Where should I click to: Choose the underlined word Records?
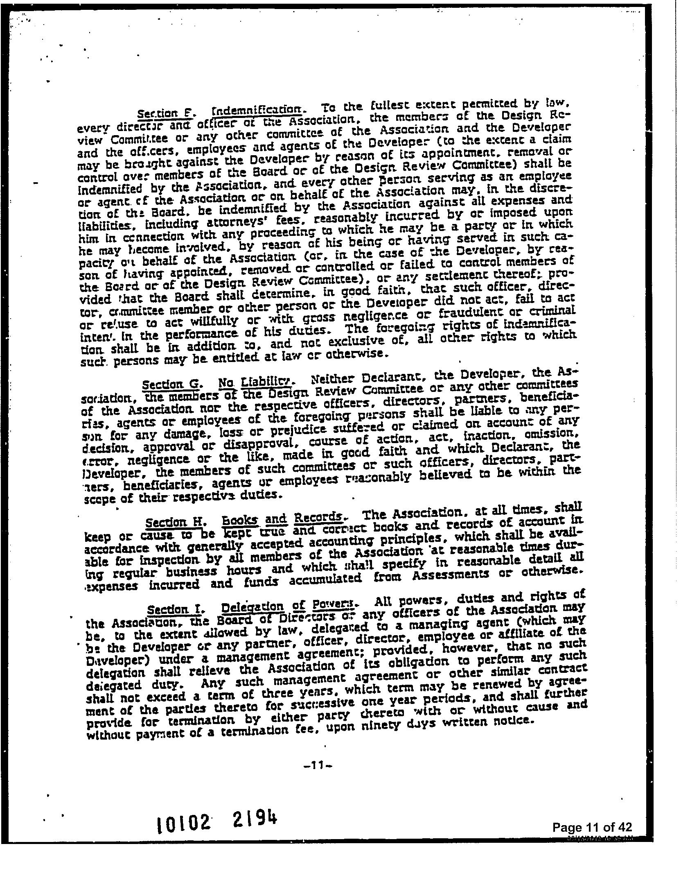[318, 518]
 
